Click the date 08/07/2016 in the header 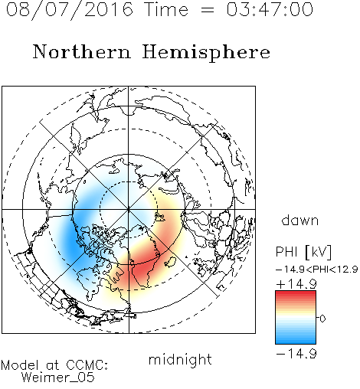69,9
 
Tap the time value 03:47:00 270,9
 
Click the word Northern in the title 82,52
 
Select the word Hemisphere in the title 206,53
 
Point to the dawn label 300,220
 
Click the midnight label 180,360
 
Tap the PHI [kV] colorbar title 304,252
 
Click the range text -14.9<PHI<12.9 317,270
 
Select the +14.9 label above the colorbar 296,284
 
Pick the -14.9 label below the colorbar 296,354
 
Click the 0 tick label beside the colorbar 322,319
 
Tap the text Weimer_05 58,378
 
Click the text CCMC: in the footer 87,365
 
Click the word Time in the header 166,9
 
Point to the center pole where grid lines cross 129,209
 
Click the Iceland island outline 171,262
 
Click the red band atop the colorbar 296,293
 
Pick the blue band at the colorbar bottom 296,341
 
